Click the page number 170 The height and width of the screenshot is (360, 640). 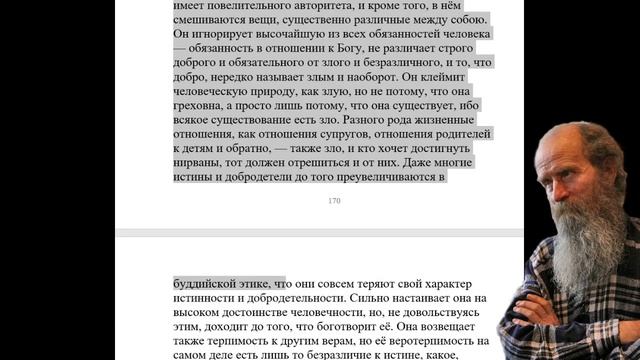(334, 201)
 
